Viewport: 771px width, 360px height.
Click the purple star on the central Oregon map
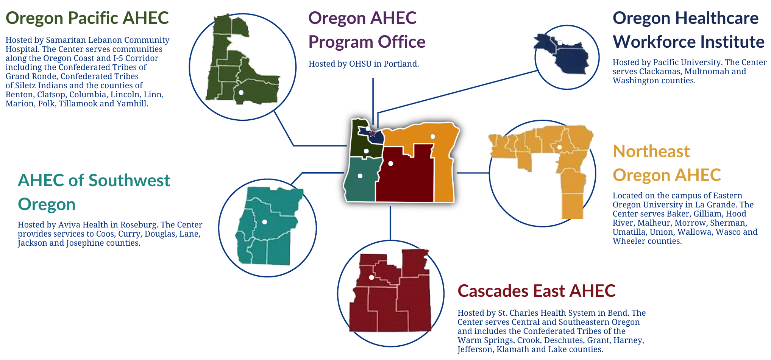373,133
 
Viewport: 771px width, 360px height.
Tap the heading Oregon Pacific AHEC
87,18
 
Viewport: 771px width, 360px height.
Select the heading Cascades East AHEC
536,291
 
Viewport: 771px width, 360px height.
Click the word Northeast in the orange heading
651,151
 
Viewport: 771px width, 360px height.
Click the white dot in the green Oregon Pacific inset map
241,92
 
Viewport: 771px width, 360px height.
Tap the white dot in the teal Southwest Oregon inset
265,222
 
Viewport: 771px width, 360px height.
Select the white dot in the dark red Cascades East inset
371,277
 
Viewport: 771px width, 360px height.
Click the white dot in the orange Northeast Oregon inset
559,147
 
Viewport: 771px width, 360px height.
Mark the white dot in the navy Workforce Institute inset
560,43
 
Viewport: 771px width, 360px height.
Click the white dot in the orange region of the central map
432,137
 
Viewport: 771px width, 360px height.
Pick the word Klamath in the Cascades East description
515,349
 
